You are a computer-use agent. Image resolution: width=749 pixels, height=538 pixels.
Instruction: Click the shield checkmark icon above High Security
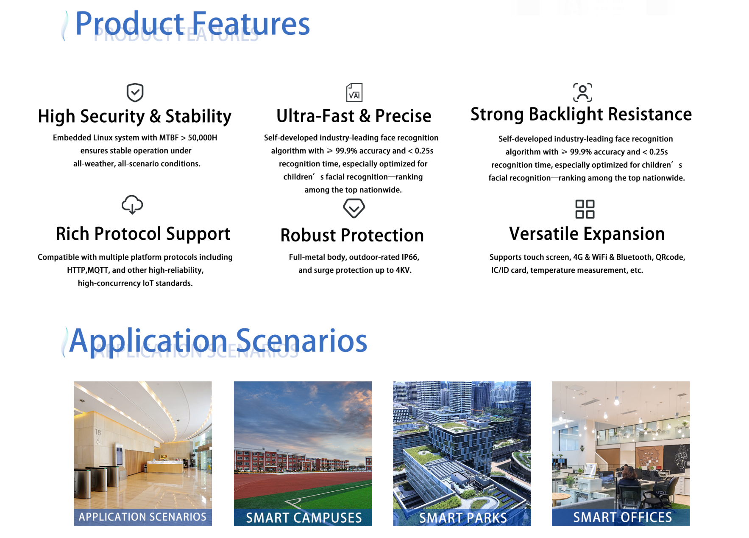pos(135,92)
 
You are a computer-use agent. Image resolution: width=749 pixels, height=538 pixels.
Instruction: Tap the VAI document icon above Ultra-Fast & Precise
pos(354,92)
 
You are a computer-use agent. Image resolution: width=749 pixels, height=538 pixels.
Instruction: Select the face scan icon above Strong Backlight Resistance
pos(582,92)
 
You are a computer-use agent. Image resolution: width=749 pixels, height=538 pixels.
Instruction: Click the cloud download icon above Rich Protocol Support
pos(132,205)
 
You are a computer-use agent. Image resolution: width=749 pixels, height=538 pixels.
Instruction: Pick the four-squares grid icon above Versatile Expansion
pos(585,209)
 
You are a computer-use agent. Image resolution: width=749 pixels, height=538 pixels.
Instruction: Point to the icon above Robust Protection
pos(354,208)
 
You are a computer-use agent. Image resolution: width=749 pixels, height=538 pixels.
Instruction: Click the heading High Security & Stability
pos(135,116)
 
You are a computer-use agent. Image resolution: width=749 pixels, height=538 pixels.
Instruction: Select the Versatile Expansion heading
pos(587,234)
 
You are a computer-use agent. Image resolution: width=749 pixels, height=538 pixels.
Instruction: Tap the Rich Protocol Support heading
pos(143,234)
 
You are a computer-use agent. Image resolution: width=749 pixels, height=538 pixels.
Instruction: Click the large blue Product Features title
pos(193,24)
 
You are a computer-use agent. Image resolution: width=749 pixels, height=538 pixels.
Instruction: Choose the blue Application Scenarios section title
pos(218,341)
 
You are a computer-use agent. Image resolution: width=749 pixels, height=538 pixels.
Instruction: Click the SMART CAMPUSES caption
pos(304,518)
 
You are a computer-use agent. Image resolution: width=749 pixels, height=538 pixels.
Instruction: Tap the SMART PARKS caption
pos(463,518)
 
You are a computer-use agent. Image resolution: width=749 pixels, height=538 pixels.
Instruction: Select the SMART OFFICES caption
pos(622,517)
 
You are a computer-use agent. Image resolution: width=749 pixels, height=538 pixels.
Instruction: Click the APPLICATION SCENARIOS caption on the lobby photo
pos(142,517)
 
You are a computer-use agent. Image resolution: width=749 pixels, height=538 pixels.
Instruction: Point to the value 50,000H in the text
pos(203,137)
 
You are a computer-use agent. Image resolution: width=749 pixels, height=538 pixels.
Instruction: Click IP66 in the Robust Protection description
pos(410,257)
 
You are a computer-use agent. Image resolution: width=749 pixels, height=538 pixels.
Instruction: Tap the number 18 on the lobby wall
pos(98,432)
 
